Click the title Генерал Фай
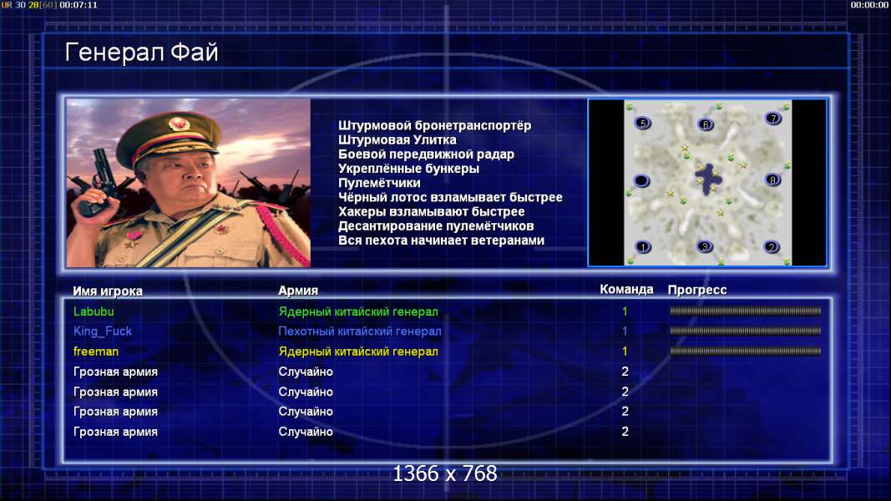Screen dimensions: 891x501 (x=141, y=53)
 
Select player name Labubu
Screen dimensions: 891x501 (x=94, y=311)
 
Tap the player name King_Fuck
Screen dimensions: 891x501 (x=102, y=331)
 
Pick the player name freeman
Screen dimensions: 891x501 (x=96, y=352)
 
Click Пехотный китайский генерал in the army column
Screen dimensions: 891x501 (x=360, y=331)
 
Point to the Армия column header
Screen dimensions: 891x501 (x=298, y=291)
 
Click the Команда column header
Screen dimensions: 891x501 (x=627, y=289)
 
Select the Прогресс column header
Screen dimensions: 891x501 (x=697, y=290)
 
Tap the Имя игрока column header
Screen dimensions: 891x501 (x=108, y=291)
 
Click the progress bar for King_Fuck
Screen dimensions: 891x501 (x=746, y=331)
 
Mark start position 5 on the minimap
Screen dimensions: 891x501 (x=643, y=123)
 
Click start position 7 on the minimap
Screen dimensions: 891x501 (x=772, y=118)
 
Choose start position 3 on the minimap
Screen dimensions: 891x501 (x=705, y=246)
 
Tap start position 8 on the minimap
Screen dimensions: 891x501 (x=772, y=180)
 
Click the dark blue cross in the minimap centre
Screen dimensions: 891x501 (x=708, y=179)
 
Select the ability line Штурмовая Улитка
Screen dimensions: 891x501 (x=397, y=139)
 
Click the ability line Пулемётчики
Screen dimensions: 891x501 (x=379, y=183)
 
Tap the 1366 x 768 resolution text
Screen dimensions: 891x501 (x=445, y=473)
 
